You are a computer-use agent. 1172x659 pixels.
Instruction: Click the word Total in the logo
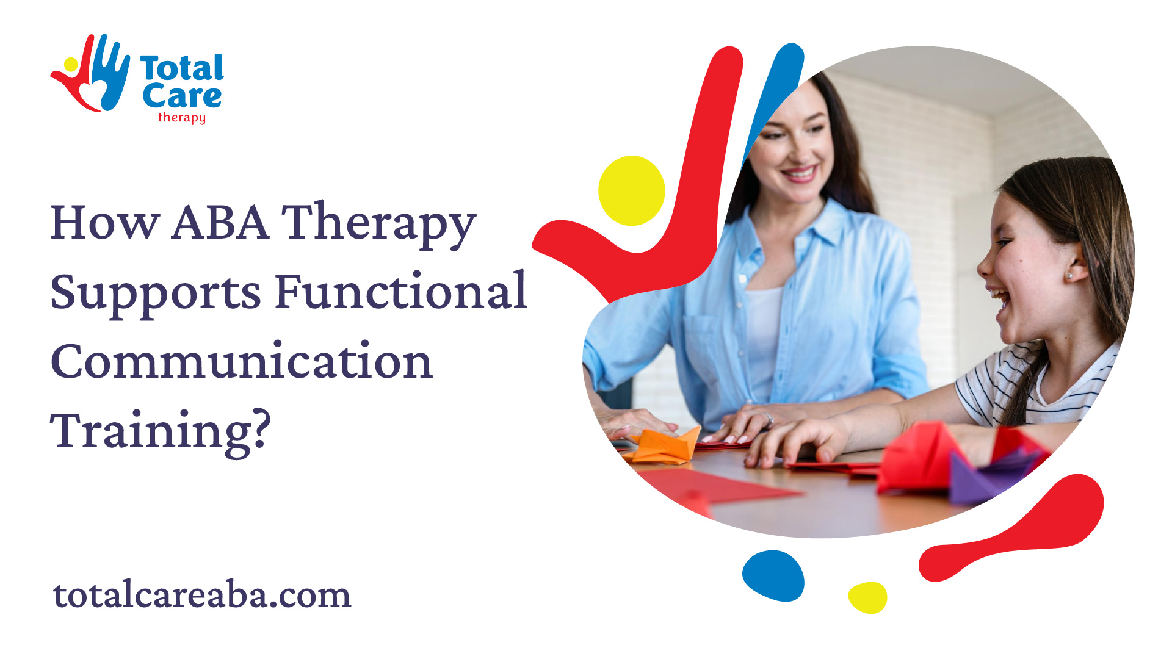pos(182,68)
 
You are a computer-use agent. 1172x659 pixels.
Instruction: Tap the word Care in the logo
pos(182,96)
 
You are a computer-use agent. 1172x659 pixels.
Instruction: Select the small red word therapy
pos(182,117)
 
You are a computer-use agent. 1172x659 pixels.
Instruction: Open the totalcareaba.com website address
pos(202,594)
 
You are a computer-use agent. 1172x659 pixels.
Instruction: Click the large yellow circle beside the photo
pos(631,190)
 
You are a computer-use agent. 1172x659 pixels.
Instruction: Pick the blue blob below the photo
pos(773,575)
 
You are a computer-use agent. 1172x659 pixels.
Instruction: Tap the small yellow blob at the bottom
pos(867,597)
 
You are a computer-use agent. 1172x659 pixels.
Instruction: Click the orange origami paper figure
pos(662,445)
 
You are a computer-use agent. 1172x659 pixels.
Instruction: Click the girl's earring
pos(1069,276)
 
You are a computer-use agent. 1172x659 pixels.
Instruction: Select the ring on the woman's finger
pos(770,419)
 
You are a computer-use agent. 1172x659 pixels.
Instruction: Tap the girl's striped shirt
pos(1038,384)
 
